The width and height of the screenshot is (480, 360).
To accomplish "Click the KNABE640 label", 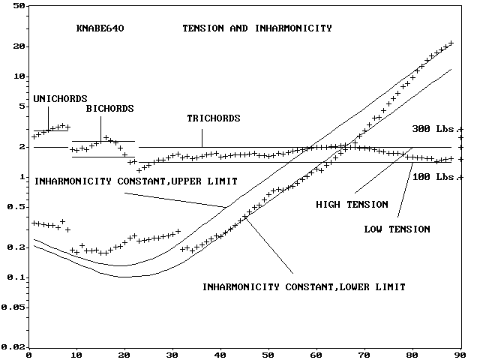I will coord(100,28).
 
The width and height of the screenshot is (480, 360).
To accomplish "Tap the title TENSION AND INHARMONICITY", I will coord(257,28).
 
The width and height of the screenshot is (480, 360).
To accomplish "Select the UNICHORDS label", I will coord(61,98).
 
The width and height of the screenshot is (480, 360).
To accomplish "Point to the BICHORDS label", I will coord(109,109).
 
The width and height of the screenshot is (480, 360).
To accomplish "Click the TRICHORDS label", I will coord(214,118).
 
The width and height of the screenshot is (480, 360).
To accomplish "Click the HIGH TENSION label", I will coord(352,204).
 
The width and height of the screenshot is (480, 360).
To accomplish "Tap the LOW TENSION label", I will coord(397,229).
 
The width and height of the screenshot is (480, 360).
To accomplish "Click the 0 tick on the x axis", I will coord(28,355).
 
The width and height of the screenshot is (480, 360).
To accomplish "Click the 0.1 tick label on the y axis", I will coord(16,277).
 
